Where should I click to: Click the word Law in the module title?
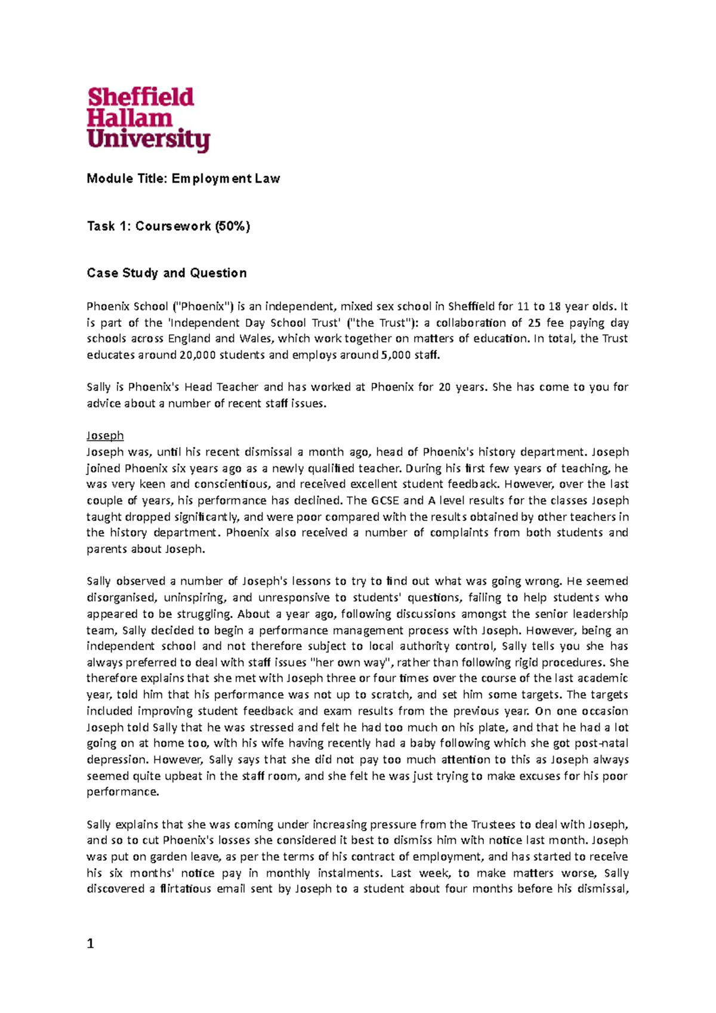(x=267, y=178)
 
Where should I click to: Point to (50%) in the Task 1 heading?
(x=233, y=226)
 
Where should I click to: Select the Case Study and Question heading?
(x=166, y=273)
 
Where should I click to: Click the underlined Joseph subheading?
(x=105, y=436)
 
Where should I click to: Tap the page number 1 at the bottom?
(x=91, y=943)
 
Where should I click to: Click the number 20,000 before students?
(x=197, y=355)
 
